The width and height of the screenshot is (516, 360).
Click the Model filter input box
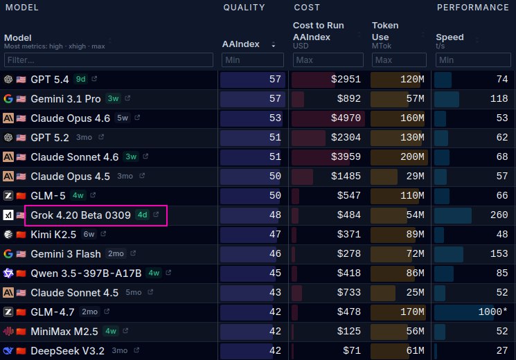click(x=108, y=60)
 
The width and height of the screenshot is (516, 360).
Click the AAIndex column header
click(x=240, y=44)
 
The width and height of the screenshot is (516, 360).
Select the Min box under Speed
click(x=474, y=60)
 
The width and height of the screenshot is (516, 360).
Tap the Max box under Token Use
click(x=399, y=60)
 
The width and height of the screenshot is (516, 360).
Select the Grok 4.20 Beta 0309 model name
click(x=80, y=215)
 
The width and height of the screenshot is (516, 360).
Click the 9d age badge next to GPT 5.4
click(x=80, y=80)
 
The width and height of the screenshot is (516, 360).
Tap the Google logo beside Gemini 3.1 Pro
click(x=8, y=99)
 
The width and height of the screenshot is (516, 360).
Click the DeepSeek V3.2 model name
click(x=68, y=351)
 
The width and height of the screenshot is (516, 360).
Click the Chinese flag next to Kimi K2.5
click(x=21, y=235)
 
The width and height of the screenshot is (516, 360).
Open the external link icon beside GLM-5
click(x=94, y=196)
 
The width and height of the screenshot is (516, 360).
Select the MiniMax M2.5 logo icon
click(x=8, y=332)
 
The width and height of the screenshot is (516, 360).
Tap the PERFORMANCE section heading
click(x=472, y=8)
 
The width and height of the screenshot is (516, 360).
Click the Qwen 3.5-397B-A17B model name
click(x=86, y=273)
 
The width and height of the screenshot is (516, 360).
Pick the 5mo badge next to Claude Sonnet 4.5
click(x=134, y=293)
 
